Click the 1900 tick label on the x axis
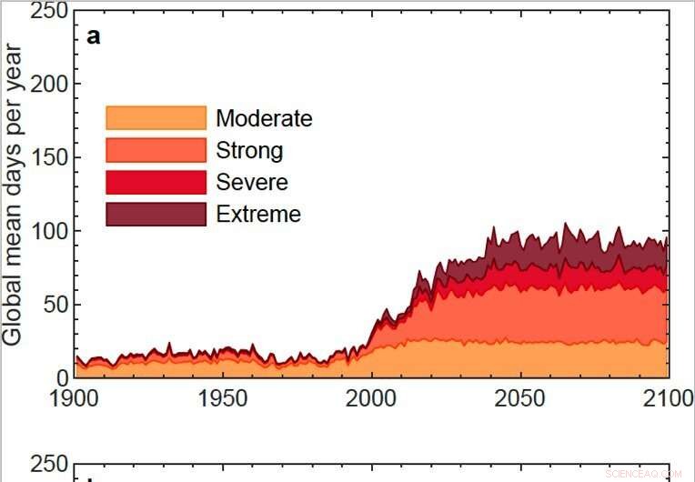[76, 398]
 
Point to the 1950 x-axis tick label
[224, 398]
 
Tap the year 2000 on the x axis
[371, 398]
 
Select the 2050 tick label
[520, 398]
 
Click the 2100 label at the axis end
[667, 398]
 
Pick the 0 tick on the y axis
[61, 377]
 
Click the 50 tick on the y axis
[53, 304]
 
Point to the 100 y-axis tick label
[45, 230]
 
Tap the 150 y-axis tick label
[45, 157]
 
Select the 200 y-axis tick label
[45, 84]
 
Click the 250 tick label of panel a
[45, 12]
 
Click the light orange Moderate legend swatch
[156, 118]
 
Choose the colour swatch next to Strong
[156, 150]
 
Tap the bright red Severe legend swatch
[156, 182]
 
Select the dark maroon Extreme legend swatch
[156, 214]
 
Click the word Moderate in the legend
[264, 118]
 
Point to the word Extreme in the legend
[258, 214]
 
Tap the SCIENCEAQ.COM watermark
[641, 473]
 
